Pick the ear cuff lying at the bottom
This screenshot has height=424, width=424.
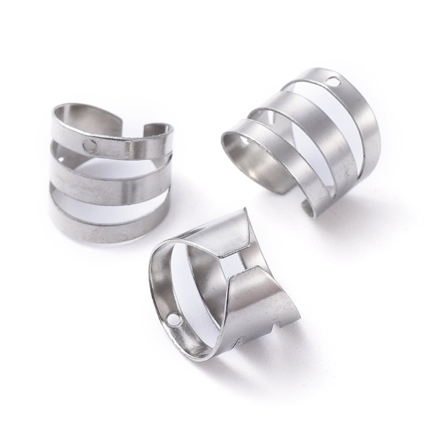click(x=225, y=288)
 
